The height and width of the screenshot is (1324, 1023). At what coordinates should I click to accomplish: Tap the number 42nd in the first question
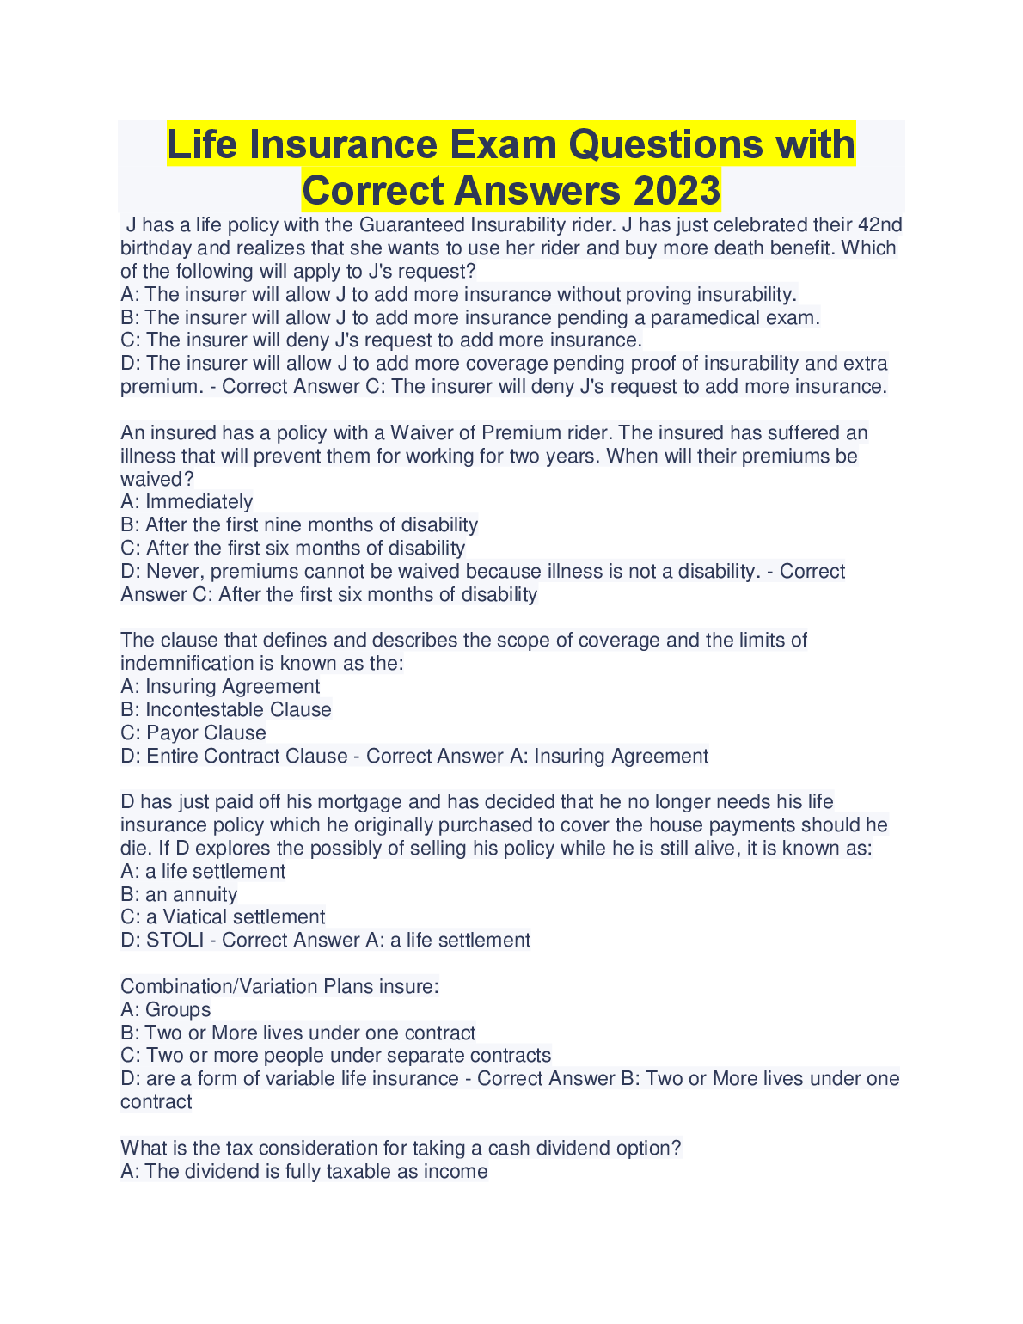880,225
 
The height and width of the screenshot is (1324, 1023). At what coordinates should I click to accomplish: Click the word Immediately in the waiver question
199,502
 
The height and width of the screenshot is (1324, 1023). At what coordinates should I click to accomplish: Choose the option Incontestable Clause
238,710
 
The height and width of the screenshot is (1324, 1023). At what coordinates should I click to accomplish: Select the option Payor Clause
206,733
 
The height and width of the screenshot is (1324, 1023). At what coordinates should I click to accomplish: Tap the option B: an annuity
179,895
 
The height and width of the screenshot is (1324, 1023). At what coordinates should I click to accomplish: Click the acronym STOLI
175,941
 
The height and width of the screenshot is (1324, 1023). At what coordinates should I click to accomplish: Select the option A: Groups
166,1010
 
